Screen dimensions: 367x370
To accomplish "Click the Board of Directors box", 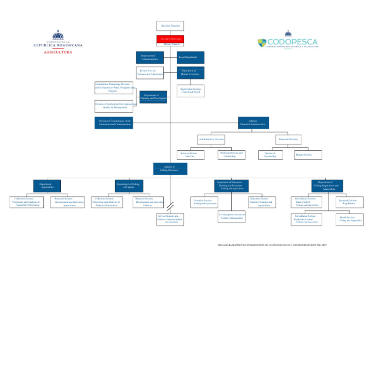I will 170,26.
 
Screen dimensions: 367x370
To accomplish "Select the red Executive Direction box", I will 170,39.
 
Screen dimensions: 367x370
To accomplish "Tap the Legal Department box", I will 190,57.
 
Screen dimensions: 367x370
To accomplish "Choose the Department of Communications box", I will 149,57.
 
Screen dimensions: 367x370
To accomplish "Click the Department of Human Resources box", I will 190,72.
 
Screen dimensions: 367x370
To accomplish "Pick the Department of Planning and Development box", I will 153,97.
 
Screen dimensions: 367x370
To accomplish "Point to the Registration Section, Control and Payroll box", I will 190,91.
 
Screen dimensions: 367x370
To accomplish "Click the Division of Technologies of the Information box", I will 114,123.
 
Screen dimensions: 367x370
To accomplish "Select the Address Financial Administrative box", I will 253,123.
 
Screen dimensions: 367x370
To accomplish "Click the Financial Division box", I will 288,139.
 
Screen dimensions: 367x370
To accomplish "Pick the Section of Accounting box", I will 270,155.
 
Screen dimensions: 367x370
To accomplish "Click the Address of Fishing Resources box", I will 170,169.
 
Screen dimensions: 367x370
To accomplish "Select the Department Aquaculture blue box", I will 46,185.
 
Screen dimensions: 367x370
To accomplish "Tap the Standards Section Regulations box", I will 349,202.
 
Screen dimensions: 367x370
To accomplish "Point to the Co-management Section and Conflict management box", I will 231,216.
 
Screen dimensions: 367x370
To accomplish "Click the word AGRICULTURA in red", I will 58,52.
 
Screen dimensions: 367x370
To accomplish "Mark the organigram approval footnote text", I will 272,245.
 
